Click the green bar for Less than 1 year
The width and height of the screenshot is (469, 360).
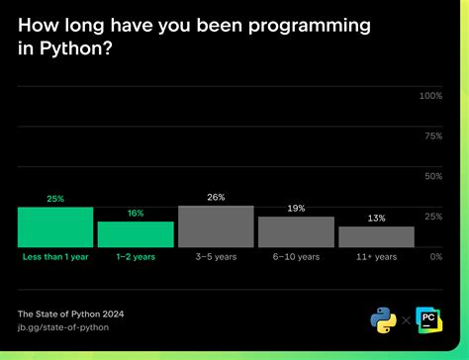click(55, 227)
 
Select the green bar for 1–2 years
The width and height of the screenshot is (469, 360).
click(136, 234)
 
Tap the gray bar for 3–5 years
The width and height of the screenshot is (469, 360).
click(216, 226)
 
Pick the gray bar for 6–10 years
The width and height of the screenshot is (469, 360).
click(296, 231)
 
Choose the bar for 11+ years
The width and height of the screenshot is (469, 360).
click(376, 236)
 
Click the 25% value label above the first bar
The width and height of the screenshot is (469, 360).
click(55, 199)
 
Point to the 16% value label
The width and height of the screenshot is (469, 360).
click(136, 214)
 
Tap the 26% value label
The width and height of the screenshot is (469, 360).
click(216, 198)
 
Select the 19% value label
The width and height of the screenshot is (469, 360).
click(296, 209)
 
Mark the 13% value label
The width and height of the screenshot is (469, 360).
click(376, 219)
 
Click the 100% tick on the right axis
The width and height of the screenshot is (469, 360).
click(430, 96)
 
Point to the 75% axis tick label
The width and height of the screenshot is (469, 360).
click(432, 135)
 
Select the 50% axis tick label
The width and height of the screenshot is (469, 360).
click(432, 176)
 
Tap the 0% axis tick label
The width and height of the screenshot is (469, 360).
click(435, 256)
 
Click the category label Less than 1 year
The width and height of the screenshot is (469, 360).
click(55, 257)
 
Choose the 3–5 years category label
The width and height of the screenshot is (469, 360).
click(216, 257)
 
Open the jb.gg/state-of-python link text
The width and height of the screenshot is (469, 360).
click(63, 326)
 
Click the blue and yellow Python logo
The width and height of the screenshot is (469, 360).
click(383, 319)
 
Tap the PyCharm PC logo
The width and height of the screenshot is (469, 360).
click(429, 319)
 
